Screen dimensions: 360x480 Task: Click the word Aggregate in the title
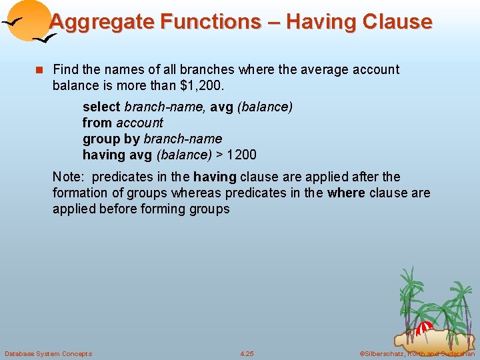click(x=93, y=22)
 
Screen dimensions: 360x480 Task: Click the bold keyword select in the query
click(x=101, y=107)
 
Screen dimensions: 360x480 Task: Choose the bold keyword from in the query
click(x=97, y=123)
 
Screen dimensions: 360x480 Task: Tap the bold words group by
click(x=111, y=139)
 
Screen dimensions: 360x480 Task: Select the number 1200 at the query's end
click(x=242, y=155)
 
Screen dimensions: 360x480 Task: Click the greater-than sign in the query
click(x=219, y=155)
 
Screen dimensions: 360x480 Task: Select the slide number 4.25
click(x=247, y=353)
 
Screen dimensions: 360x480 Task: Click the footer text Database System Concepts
click(x=48, y=353)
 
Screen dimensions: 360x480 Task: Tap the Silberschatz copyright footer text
click(x=416, y=353)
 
